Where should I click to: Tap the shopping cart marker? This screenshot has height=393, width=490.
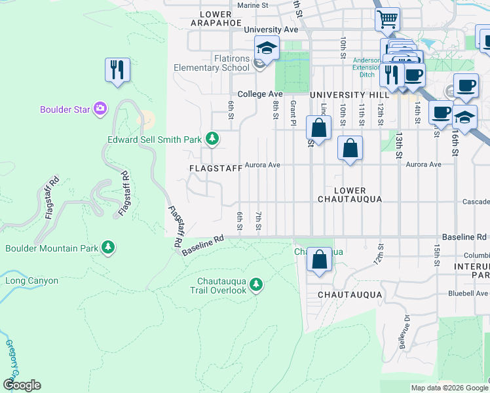(x=388, y=20)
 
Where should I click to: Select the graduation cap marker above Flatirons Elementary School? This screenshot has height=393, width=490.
(x=267, y=48)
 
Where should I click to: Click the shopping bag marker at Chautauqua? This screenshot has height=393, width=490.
(x=319, y=259)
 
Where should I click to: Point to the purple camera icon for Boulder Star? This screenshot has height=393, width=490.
(x=100, y=109)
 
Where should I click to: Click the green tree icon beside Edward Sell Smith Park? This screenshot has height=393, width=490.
(x=212, y=138)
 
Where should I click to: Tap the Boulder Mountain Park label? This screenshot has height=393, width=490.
(x=52, y=248)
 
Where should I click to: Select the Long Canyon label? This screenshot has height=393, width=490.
(x=32, y=281)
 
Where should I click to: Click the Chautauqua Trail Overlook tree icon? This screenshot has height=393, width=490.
(x=256, y=284)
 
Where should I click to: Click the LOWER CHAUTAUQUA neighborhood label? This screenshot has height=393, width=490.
(x=349, y=194)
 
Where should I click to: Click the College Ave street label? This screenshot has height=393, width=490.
(x=260, y=94)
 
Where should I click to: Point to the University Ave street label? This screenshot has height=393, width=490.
(x=271, y=30)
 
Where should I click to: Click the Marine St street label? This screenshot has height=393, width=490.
(x=254, y=5)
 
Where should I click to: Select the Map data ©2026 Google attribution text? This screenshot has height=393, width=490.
(x=448, y=388)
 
